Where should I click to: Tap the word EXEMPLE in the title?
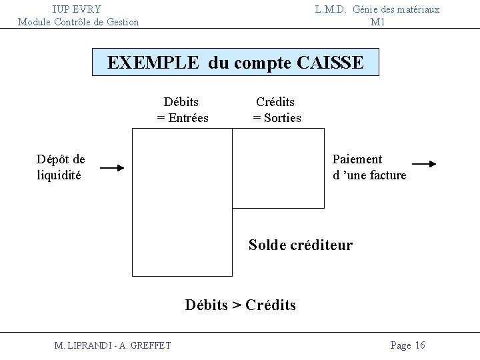point(153,63)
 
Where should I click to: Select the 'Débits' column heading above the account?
point(181,102)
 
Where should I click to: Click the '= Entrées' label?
point(183,118)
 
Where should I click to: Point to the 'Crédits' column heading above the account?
point(275,102)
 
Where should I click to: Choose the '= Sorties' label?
point(277,118)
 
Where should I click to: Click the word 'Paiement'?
point(357,159)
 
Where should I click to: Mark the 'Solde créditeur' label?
point(301,245)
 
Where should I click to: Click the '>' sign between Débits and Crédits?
point(237,306)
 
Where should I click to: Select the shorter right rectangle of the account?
point(279,168)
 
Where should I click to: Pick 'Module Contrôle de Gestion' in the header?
point(79,22)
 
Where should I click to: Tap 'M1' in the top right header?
point(378,22)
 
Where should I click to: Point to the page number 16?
point(419,345)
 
